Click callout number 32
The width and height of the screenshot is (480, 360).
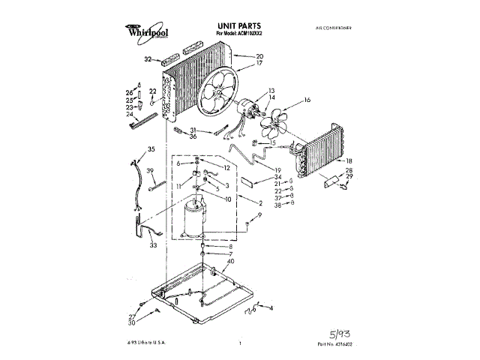pyautogui.click(x=148, y=58)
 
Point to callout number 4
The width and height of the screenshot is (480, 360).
pyautogui.click(x=271, y=308)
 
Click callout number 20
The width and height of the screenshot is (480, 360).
pyautogui.click(x=259, y=56)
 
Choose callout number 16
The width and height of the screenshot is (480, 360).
pyautogui.click(x=307, y=99)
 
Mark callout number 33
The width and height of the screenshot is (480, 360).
pyautogui.click(x=153, y=245)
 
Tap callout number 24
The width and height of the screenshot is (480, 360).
pyautogui.click(x=129, y=114)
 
